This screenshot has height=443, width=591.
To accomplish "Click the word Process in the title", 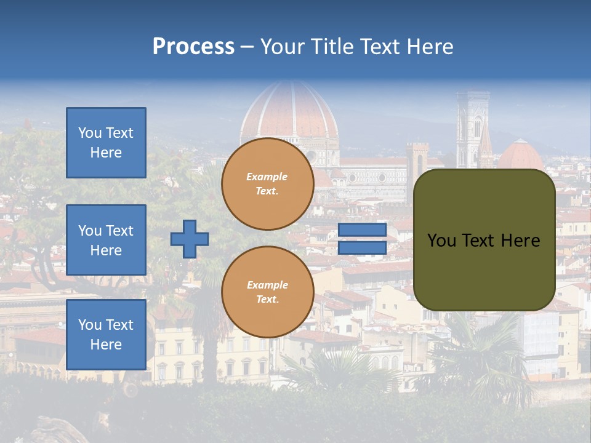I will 193,47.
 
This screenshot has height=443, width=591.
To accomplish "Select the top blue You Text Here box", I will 106,143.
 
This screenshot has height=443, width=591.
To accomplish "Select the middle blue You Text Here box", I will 106,240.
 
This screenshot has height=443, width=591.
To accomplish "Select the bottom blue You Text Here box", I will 106,335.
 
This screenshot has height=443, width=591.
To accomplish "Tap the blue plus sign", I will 190,239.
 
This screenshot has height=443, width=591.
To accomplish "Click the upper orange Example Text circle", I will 268,184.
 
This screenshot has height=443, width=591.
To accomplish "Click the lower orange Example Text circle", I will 268,292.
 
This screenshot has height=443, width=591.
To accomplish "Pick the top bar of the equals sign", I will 362,230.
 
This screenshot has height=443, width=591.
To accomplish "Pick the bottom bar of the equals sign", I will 362,248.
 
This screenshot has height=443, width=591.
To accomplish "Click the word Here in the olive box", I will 520,241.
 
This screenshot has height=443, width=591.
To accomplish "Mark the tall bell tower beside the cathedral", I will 472,129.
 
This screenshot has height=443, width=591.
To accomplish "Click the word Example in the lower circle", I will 267,285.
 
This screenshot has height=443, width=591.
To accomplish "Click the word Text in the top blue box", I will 119,133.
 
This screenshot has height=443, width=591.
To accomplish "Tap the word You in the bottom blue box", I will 89,325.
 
